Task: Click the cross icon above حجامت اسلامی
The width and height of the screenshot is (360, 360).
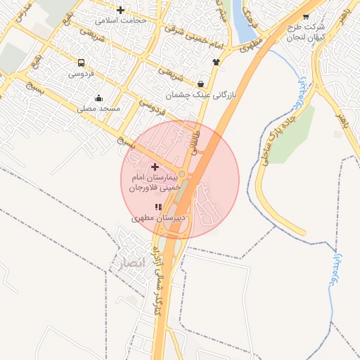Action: [121, 10]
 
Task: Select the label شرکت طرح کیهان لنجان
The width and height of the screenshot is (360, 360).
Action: [304, 32]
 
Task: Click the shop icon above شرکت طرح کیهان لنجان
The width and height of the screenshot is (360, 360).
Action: [305, 16]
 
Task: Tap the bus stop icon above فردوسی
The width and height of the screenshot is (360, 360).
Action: [82, 63]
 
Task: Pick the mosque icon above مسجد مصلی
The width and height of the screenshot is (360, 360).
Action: [98, 98]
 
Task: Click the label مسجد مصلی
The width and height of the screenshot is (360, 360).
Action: [99, 108]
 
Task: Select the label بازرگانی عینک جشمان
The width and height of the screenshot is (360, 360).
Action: [202, 94]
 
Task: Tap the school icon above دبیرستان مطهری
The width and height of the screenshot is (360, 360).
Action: [159, 207]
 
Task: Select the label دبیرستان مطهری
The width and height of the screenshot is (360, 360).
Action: [160, 219]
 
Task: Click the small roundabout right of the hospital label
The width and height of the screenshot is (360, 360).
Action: [181, 174]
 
